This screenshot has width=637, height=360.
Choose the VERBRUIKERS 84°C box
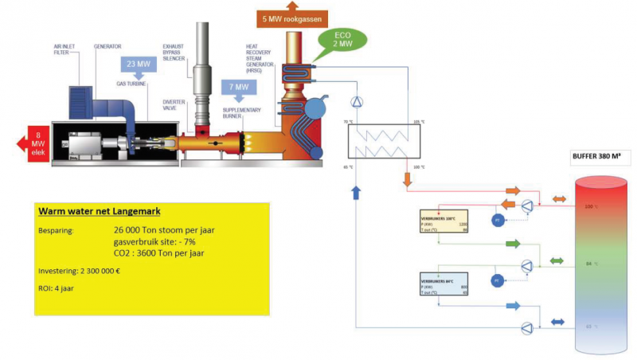click(x=444, y=283)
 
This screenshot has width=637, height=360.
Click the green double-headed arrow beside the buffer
click(x=557, y=260)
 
